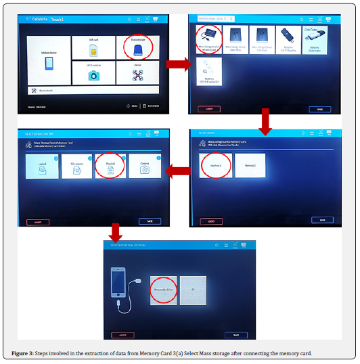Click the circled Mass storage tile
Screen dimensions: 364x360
pos(137,47)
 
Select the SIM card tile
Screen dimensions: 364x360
pos(94,47)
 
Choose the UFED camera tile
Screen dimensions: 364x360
pos(94,72)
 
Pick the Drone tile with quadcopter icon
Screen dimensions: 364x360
pos(137,72)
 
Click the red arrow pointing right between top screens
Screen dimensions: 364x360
pos(177,64)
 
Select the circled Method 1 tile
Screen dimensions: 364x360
pos(216,165)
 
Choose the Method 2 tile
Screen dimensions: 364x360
pos(250,165)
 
